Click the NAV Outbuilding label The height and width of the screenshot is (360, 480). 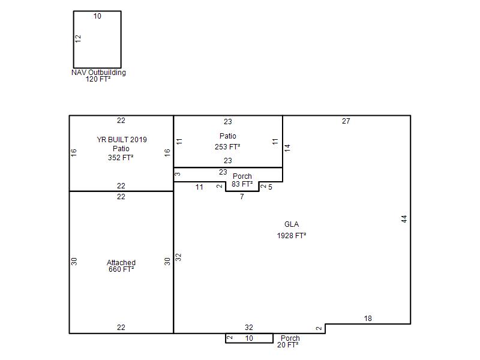pyautogui.click(x=98, y=73)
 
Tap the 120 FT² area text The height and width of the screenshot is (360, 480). pyautogui.click(x=98, y=79)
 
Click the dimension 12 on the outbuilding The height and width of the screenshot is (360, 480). pyautogui.click(x=78, y=38)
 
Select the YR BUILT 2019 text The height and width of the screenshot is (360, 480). pyautogui.click(x=122, y=140)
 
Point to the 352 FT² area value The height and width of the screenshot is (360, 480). pyautogui.click(x=121, y=158)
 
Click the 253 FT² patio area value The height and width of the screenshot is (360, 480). pyautogui.click(x=227, y=147)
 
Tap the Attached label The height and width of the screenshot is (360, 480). pyautogui.click(x=121, y=262)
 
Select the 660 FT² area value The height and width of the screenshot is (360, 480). pyautogui.click(x=121, y=269)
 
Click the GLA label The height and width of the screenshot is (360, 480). pyautogui.click(x=292, y=224)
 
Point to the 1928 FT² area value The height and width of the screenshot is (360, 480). pyautogui.click(x=292, y=236)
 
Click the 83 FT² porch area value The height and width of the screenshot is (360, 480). pyautogui.click(x=242, y=184)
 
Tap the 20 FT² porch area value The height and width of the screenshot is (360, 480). pyautogui.click(x=288, y=344)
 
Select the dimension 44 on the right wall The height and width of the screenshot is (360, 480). pyautogui.click(x=404, y=219)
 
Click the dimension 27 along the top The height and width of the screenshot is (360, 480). pyautogui.click(x=346, y=121)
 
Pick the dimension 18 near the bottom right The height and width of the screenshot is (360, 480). pyautogui.click(x=368, y=319)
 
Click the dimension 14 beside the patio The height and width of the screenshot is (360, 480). pyautogui.click(x=287, y=148)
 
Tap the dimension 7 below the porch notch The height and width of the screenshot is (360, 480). pyautogui.click(x=242, y=197)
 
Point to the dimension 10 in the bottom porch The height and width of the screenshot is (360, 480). pyautogui.click(x=249, y=338)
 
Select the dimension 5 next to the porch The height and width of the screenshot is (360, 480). pyautogui.click(x=270, y=187)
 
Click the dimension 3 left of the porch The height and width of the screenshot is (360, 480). pyautogui.click(x=178, y=174)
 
